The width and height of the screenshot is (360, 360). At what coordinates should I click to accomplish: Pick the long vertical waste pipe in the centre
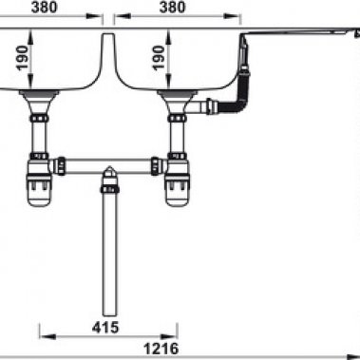tap(107, 256)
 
